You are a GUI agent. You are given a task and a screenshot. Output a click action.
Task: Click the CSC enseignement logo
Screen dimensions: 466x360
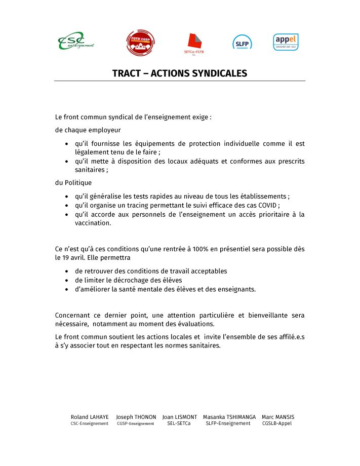(x=76, y=41)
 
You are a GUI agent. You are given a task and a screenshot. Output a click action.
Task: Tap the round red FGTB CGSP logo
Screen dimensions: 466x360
(x=140, y=43)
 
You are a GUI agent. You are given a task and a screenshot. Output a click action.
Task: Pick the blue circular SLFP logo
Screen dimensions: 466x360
(x=242, y=42)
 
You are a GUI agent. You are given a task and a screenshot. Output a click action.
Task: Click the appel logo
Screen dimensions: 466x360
(x=286, y=42)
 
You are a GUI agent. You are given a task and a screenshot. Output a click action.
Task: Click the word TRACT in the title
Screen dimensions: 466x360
(x=127, y=73)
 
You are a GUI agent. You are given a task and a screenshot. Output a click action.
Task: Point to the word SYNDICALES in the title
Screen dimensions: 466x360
(x=220, y=73)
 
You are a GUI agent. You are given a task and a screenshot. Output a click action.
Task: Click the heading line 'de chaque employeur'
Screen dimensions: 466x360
(x=88, y=130)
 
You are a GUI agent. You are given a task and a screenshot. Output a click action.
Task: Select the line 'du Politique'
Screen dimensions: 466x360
(x=73, y=183)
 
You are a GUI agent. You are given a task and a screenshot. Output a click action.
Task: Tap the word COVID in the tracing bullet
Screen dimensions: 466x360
(x=266, y=205)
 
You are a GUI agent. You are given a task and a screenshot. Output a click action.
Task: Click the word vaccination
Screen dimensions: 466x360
(x=93, y=223)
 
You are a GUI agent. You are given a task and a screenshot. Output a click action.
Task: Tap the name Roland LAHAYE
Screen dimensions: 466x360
(x=90, y=417)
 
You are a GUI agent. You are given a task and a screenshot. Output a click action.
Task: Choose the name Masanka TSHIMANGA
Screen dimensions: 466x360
(x=229, y=417)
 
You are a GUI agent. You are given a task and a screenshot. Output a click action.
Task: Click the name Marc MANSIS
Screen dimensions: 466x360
(x=278, y=417)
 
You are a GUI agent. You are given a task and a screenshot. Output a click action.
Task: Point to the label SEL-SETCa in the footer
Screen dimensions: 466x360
(x=179, y=423)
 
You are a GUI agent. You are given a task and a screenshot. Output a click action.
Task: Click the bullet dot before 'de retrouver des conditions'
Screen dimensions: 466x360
(x=67, y=271)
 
